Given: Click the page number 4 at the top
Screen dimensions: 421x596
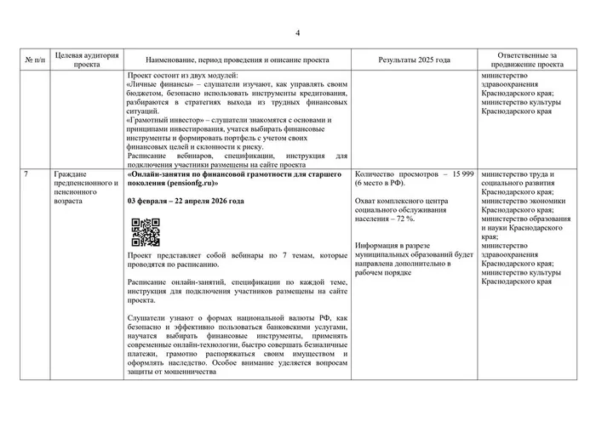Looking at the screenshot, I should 298,33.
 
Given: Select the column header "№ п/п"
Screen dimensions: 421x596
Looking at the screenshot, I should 33,61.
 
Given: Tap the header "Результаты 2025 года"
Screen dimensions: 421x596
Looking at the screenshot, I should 414,61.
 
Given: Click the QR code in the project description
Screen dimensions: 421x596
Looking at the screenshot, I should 145,231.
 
